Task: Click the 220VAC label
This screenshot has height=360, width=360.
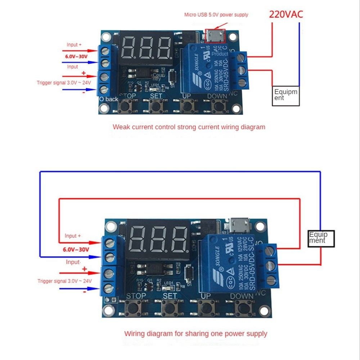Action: point(286,14)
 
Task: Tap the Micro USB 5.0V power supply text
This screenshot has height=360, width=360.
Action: point(216,15)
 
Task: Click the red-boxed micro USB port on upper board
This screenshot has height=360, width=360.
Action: point(215,36)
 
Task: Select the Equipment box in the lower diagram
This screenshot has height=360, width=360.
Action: point(321,238)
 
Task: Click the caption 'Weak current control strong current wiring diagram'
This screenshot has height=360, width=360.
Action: point(189,127)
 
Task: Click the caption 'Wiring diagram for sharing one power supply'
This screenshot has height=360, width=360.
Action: point(195,333)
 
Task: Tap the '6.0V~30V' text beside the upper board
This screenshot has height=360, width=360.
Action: point(76,57)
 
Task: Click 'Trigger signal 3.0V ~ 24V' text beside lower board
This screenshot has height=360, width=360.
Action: point(64,281)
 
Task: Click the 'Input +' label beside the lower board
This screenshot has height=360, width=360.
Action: point(73,236)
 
